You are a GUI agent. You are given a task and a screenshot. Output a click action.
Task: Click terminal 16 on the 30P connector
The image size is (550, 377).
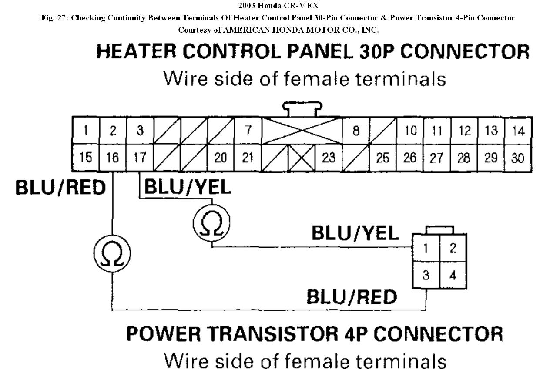112,158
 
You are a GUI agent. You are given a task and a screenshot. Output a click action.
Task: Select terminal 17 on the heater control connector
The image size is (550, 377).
140,158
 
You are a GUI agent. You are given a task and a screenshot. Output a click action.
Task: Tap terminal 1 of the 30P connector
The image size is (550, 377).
86,130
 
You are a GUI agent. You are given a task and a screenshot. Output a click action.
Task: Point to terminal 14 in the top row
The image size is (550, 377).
518,131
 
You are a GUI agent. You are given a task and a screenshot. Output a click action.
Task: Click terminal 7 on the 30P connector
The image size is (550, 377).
248,130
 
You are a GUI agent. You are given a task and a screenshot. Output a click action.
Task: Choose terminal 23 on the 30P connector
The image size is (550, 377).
329,158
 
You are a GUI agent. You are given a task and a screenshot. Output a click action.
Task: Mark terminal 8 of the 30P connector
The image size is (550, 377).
356,130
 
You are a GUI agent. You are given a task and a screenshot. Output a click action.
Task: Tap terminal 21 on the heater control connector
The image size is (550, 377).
248,158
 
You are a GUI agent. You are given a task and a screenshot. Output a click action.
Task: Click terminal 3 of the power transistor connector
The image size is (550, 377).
426,276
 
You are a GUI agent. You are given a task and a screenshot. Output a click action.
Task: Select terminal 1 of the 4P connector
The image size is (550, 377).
426,248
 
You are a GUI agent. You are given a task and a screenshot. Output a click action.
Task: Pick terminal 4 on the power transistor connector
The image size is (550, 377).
453,276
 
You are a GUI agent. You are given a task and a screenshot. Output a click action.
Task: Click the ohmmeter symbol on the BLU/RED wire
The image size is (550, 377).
112,253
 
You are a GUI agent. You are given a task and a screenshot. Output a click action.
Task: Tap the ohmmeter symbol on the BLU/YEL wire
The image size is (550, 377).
211,222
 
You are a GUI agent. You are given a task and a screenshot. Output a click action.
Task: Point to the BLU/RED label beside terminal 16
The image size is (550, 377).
61,188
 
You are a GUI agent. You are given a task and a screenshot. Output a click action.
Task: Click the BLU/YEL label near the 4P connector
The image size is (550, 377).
355,233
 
